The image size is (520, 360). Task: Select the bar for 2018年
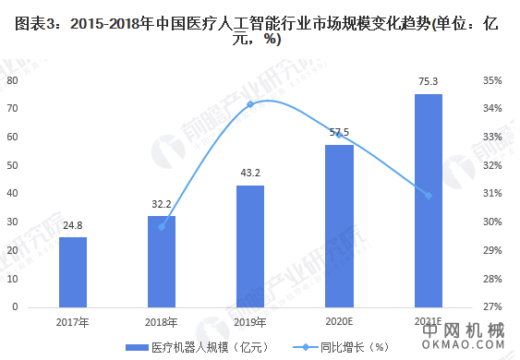click(162, 261)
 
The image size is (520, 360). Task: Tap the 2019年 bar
click(250, 246)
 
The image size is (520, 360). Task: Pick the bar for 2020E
click(339, 225)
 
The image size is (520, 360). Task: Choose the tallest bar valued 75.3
click(428, 199)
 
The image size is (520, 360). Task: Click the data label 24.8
click(73, 224)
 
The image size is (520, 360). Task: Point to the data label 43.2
click(250, 173)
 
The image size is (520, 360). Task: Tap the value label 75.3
click(428, 82)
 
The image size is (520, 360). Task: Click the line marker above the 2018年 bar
click(162, 226)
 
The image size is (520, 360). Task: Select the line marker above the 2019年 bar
click(250, 104)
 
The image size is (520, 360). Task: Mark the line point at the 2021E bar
click(428, 195)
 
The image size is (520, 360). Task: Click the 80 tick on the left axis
click(13, 80)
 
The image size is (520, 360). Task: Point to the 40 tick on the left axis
click(13, 193)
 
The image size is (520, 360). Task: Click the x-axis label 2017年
click(73, 321)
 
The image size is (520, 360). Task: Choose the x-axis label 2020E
click(339, 321)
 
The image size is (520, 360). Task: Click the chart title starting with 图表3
click(260, 30)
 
